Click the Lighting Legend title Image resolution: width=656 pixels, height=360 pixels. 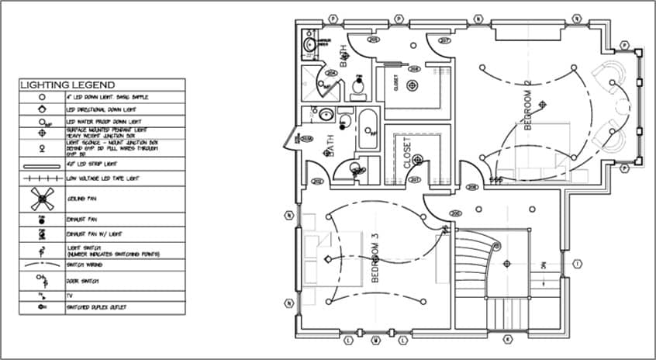(x=67, y=85)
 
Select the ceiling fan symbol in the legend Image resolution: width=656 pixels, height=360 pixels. (x=42, y=199)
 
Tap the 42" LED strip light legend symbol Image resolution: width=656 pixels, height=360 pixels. (x=42, y=166)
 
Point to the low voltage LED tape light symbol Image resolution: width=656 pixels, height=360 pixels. (x=42, y=179)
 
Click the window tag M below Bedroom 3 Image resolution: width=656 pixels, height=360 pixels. (x=375, y=340)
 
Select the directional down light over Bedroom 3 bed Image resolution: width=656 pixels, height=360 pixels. (x=327, y=258)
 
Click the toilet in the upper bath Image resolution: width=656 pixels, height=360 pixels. (x=358, y=88)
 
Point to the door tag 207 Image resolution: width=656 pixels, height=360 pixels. (x=445, y=40)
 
